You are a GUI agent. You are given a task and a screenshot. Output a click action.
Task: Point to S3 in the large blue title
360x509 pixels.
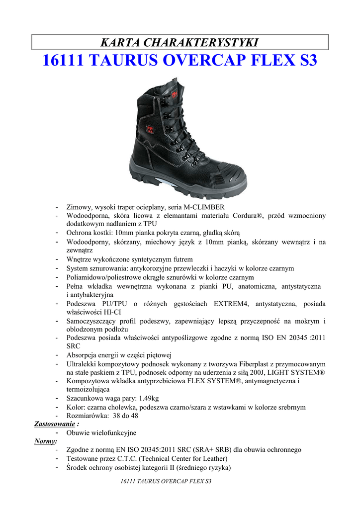(305, 61)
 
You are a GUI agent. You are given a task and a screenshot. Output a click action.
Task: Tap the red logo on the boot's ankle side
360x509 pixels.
(149, 130)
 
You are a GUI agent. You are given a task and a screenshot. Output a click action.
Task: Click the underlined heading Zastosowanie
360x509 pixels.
(54, 424)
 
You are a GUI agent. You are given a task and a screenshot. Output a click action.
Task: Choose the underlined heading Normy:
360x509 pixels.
(45, 441)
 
